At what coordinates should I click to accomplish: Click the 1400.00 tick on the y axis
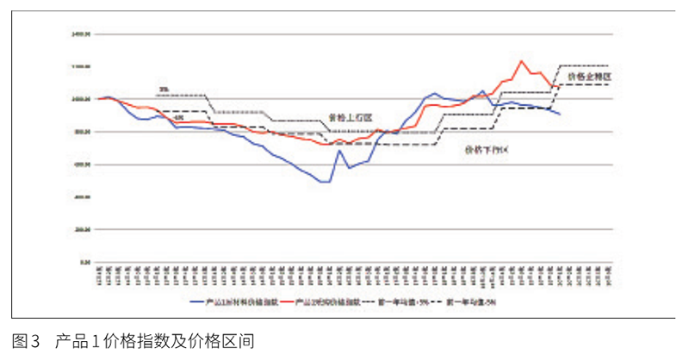point(83,34)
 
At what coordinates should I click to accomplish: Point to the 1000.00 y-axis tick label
point(83,99)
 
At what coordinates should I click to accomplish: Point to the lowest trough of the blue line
point(325,182)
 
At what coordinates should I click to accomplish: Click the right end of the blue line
point(560,115)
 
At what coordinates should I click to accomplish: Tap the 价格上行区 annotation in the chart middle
point(351,117)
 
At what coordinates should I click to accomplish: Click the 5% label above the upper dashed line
point(164,89)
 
